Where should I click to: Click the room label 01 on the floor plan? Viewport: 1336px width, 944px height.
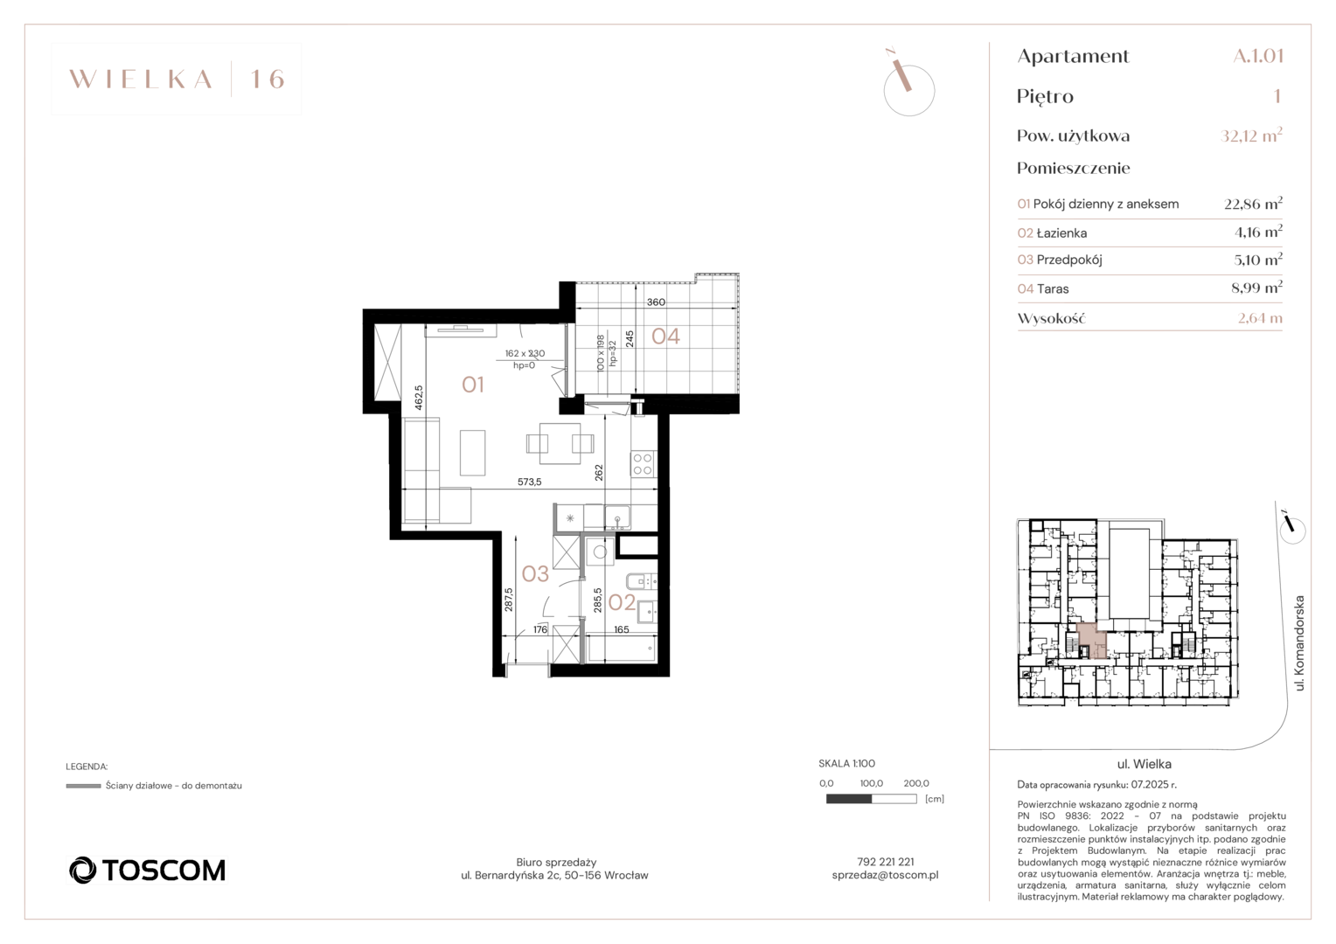coord(472,385)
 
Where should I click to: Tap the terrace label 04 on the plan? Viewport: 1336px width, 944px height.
coord(665,337)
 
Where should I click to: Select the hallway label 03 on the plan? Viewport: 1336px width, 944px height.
coord(535,573)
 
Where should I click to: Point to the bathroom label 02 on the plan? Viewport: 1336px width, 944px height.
coord(622,602)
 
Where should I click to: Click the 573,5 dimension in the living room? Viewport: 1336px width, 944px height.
coord(530,482)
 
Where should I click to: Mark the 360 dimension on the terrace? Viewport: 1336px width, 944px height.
coord(656,302)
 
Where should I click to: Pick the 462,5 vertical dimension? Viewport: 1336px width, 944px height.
coord(419,397)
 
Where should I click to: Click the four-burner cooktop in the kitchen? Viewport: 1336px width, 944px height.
coord(643,464)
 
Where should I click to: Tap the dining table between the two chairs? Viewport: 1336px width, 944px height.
coord(560,444)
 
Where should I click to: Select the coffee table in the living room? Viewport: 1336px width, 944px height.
coord(472,453)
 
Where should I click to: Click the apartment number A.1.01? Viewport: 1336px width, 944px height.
coord(1258,55)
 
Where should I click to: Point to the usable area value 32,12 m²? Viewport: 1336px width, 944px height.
coord(1251,135)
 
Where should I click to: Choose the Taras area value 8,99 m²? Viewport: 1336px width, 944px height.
coord(1256,288)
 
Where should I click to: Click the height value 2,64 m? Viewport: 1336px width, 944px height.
coord(1260,318)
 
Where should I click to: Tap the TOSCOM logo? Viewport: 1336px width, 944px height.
coord(147,870)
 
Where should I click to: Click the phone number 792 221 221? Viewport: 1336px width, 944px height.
coord(885,862)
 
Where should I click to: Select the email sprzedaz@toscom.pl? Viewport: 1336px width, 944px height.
coord(885,875)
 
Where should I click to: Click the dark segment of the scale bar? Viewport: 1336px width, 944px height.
coord(849,799)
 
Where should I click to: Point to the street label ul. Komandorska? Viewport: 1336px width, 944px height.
coord(1299,642)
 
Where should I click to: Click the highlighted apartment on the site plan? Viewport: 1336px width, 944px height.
coord(1091,639)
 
